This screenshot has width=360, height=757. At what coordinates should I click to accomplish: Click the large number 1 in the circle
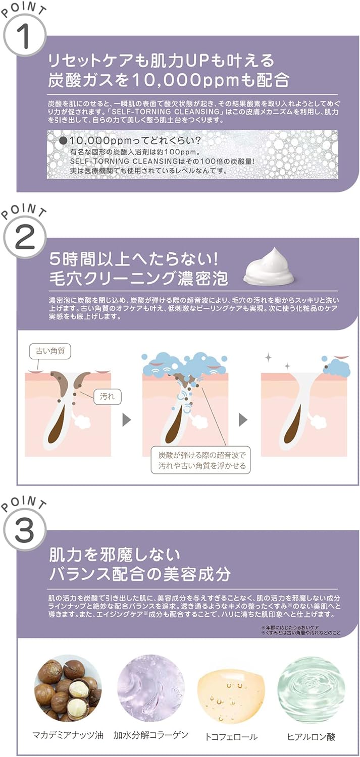24,38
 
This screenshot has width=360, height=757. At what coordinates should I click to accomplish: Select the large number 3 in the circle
24,529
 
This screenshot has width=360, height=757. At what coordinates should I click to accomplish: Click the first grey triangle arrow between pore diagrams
127,418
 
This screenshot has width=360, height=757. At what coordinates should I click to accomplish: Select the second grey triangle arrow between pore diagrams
243,418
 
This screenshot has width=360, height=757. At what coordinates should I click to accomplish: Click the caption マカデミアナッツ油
68,735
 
